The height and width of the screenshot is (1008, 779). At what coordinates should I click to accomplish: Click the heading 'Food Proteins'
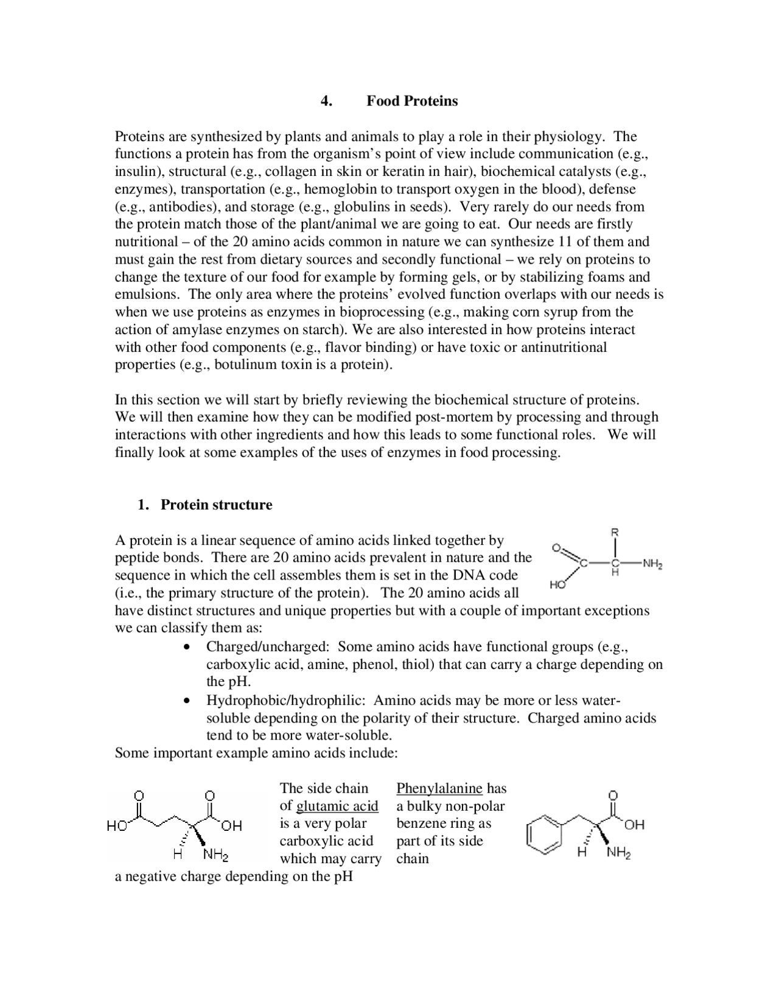coord(411,101)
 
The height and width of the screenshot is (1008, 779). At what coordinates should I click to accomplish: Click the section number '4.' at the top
coord(326,101)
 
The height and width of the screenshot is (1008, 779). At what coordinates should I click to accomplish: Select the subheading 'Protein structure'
coord(216,505)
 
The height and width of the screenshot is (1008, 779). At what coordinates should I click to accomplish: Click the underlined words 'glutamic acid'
coord(337,806)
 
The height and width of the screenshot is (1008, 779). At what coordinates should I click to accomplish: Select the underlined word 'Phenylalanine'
coord(439,788)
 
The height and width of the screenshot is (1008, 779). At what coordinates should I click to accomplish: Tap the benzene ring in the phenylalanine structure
coord(543,835)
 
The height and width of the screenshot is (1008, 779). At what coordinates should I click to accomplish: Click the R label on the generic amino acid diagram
coord(615,532)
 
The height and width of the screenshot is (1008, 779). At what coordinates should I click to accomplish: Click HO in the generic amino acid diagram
coord(557,584)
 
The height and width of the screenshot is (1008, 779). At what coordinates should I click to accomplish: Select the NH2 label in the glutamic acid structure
coord(215,855)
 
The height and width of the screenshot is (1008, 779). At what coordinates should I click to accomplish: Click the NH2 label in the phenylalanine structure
coord(618,853)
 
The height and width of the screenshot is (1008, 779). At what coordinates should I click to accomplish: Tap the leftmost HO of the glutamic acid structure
coord(117,826)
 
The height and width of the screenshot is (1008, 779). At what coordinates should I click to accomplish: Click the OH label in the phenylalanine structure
coord(634,825)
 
